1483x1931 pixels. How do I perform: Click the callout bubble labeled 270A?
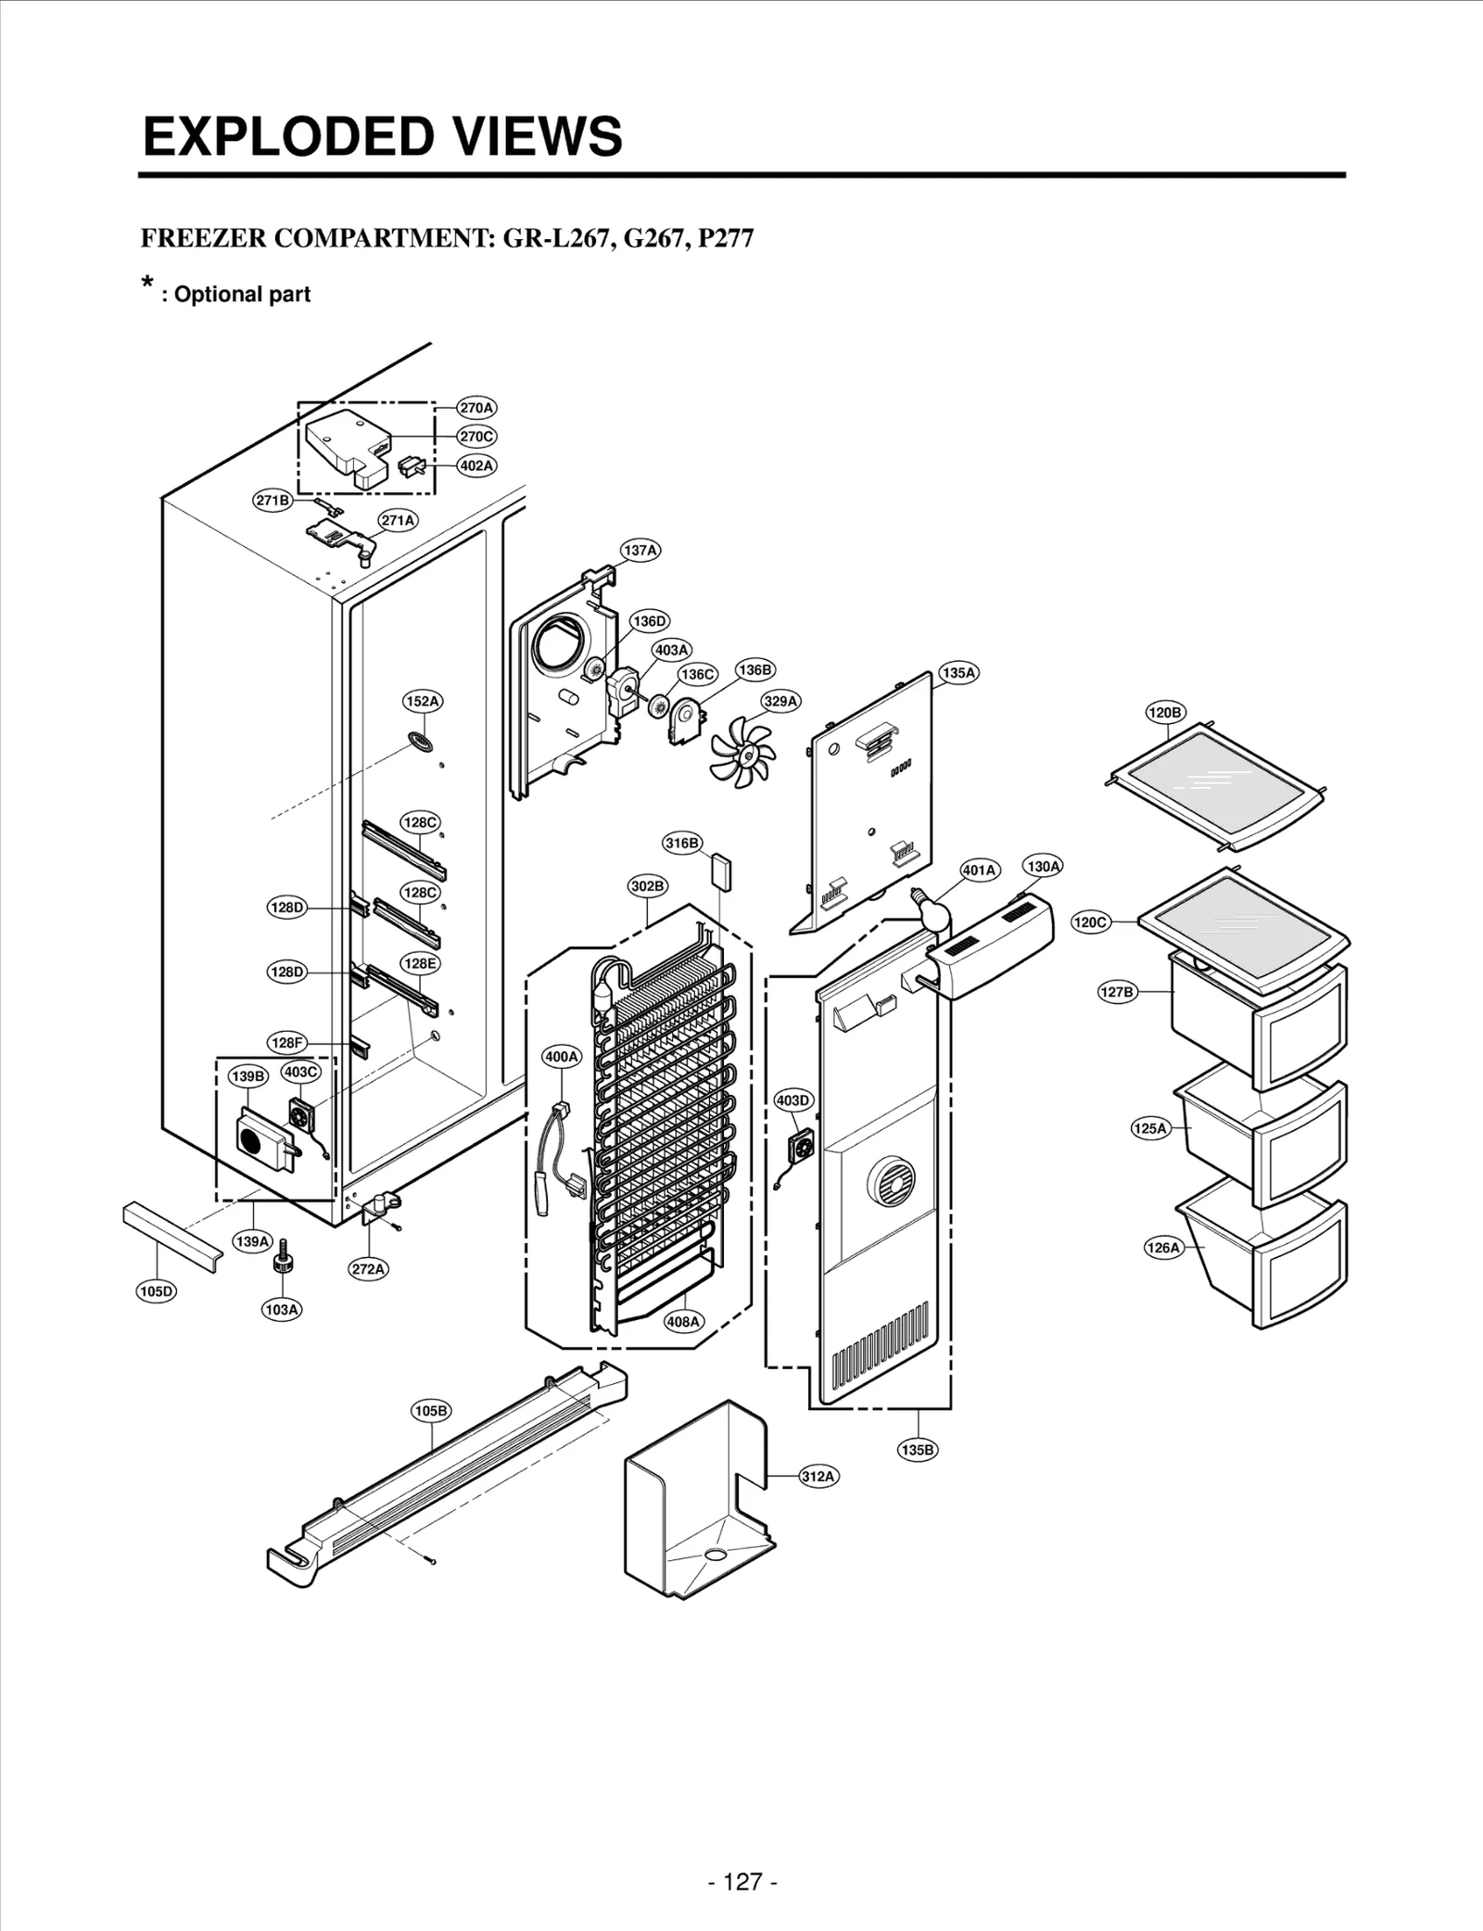click(476, 408)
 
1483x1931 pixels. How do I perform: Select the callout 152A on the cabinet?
click(422, 702)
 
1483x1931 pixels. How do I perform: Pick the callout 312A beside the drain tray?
click(818, 1476)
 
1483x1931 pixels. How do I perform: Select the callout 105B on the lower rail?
click(431, 1411)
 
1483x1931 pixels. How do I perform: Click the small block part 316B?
click(720, 871)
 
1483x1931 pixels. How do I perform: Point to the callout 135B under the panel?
click(918, 1449)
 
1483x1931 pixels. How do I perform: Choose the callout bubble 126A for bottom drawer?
click(1162, 1248)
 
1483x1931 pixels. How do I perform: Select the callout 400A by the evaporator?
click(561, 1056)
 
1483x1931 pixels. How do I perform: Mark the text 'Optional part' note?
click(241, 295)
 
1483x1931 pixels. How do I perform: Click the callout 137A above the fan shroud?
click(640, 551)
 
